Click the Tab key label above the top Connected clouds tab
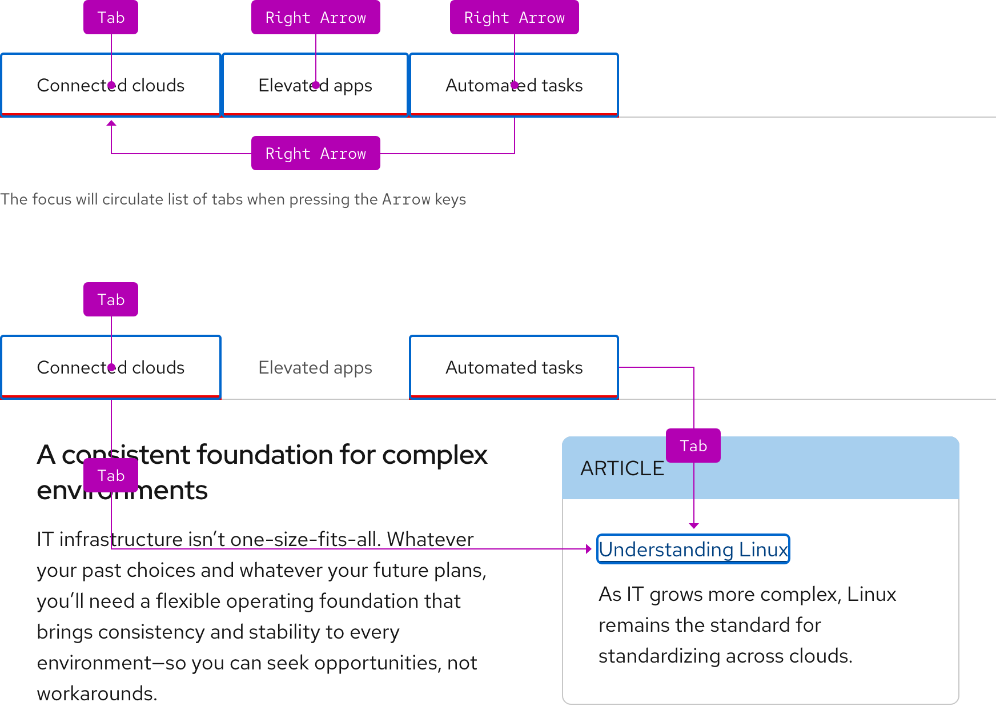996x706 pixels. pos(111,17)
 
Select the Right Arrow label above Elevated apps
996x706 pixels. pos(315,17)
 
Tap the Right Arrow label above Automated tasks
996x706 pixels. pos(514,17)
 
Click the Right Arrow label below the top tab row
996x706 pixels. pos(315,153)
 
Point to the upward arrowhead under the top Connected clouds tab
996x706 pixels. pos(111,122)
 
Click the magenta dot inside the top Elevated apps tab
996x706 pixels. pos(316,85)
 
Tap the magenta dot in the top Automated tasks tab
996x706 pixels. pos(515,85)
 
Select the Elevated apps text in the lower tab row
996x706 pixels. pos(315,367)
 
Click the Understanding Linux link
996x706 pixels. pos(693,549)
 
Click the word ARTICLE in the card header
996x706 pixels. pos(622,468)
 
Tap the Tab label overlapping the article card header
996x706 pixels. pos(693,446)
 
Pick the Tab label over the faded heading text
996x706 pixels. pos(111,475)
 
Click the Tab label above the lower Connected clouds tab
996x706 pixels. pos(111,299)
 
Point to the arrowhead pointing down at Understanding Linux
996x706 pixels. pos(694,526)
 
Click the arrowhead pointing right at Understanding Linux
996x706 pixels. pos(588,549)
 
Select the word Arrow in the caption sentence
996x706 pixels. pos(406,199)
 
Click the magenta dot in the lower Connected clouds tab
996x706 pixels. pos(111,367)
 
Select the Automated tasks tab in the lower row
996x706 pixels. pos(514,367)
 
